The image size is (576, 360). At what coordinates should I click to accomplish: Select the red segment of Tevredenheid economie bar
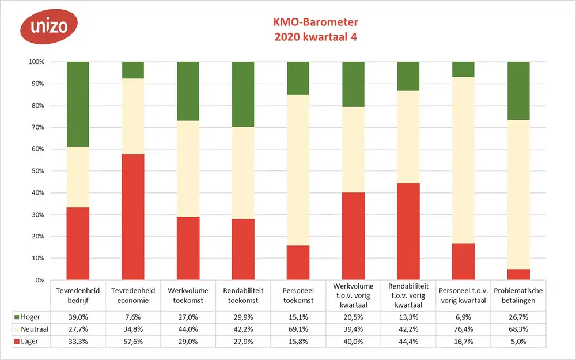pyautogui.click(x=133, y=217)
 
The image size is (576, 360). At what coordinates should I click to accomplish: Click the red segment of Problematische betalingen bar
pyautogui.click(x=518, y=275)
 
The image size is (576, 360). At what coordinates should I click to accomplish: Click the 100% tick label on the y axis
pyautogui.click(x=36, y=62)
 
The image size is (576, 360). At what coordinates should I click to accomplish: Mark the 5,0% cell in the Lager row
pyautogui.click(x=518, y=342)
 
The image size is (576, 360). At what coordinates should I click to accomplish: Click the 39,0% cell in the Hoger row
pyautogui.click(x=78, y=317)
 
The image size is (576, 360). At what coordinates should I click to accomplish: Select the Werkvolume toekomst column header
pyautogui.click(x=188, y=295)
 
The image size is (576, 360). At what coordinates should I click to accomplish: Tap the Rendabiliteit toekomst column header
pyautogui.click(x=243, y=295)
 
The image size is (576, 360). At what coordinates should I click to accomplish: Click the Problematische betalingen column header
pyautogui.click(x=518, y=295)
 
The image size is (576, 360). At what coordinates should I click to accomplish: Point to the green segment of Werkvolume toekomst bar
pyautogui.click(x=188, y=91)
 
